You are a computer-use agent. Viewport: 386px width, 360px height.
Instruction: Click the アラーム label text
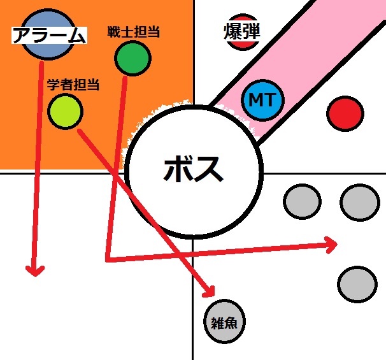[49, 35]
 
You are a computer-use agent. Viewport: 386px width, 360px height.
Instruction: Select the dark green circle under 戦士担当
[132, 59]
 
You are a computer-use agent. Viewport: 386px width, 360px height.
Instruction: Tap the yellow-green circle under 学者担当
[65, 112]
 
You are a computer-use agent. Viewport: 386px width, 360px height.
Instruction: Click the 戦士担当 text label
[133, 32]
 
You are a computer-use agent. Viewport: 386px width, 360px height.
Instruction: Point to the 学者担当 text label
[73, 85]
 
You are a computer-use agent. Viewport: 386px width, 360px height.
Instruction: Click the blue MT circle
[262, 100]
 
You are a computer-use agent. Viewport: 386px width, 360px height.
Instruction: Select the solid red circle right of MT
[345, 114]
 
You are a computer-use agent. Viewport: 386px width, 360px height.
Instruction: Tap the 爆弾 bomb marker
[242, 32]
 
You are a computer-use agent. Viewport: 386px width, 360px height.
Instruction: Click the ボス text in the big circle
[193, 169]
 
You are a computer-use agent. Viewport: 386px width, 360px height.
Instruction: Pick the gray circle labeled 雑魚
[224, 321]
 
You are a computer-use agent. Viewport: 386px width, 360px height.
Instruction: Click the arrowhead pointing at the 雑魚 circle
[210, 292]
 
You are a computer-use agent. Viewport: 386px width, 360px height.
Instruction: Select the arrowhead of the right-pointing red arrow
[331, 245]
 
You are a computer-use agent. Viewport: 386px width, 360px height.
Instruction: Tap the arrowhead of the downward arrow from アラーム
[35, 271]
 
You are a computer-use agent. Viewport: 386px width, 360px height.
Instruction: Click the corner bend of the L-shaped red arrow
[108, 259]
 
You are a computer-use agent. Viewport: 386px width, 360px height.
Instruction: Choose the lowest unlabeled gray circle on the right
[357, 284]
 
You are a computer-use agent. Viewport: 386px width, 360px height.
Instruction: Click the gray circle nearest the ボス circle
[302, 201]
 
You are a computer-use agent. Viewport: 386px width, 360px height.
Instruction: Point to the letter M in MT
[255, 100]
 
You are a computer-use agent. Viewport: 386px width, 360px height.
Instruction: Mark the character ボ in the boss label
[177, 169]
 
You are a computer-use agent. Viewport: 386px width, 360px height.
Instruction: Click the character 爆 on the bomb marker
[232, 31]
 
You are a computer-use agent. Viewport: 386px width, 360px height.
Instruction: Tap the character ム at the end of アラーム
[77, 36]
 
